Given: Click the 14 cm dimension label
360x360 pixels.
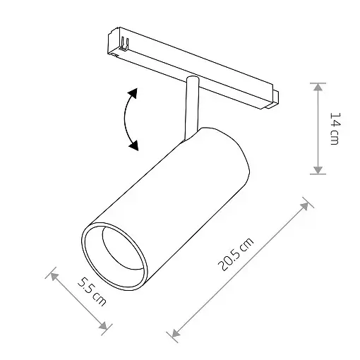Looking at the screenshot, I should click(335, 128).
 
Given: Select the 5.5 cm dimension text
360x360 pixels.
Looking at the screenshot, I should click(90, 292).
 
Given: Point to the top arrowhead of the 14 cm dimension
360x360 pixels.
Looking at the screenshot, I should click(319, 88).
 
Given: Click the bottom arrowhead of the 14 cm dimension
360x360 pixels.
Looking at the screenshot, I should click(319, 169).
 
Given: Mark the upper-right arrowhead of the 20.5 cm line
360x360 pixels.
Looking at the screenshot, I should click(306, 205).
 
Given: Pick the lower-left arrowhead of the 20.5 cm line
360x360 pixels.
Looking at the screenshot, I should click(174, 332).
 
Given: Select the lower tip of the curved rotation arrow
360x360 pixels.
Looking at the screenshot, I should click(133, 146).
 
